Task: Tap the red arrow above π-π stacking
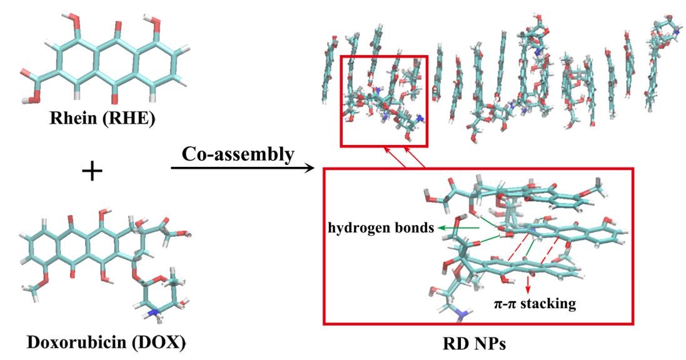click(528, 286)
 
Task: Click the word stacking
click(551, 305)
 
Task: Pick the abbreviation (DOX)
click(141, 342)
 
